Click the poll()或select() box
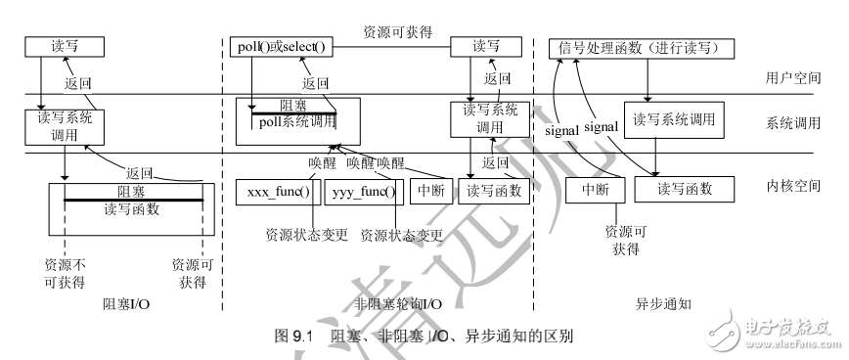pos(280,46)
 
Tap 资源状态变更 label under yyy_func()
pos(401,235)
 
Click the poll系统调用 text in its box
pos(295,122)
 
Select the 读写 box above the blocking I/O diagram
pos(51,46)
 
